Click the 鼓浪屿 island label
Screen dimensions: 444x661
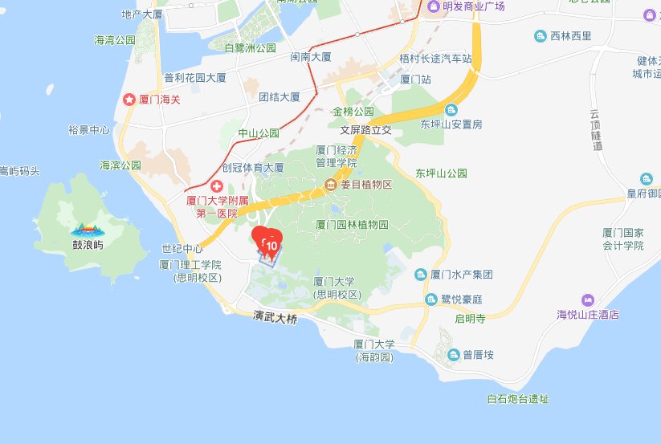click(88, 245)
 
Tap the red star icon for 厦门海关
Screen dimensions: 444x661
click(129, 100)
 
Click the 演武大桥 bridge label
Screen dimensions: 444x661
click(274, 319)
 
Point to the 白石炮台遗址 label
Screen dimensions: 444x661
click(518, 399)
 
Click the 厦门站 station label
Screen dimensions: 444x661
click(416, 79)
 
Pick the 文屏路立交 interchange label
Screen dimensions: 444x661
click(365, 129)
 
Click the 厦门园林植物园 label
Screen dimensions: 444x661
click(352, 225)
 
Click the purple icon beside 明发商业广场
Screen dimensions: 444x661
click(435, 6)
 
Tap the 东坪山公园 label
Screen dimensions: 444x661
click(441, 173)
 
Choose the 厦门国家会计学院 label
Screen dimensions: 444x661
click(624, 239)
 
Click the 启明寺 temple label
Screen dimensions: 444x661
click(471, 319)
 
